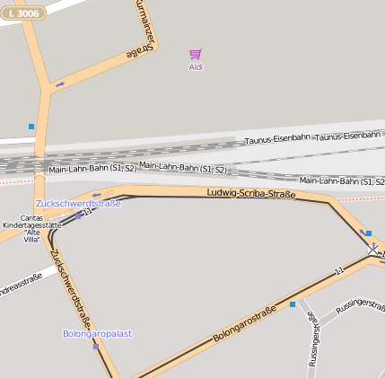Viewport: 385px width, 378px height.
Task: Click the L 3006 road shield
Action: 23,13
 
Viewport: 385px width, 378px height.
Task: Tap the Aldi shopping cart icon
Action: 196,55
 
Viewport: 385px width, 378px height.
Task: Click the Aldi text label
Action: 196,67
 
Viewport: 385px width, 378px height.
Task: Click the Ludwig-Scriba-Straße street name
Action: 251,193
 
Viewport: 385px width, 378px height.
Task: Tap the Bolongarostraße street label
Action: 244,326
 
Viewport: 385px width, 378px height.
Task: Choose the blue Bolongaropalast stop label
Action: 97,333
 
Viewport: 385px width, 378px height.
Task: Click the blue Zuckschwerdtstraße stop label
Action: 78,203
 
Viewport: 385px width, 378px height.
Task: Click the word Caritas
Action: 31,217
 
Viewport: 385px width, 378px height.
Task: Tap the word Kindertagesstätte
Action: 31,224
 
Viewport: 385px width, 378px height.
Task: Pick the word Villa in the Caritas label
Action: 32,240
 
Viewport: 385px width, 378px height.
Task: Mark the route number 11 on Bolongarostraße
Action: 338,271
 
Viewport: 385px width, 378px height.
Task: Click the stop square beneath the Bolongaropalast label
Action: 95,346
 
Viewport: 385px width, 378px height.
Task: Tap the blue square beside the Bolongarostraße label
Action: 292,304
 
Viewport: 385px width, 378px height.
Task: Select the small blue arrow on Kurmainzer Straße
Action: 60,84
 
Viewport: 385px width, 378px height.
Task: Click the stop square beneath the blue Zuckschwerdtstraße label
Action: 78,215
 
